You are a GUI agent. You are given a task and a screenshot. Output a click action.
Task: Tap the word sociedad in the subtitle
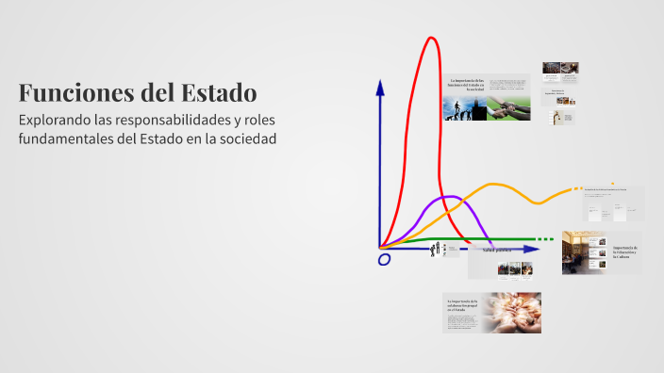(243, 139)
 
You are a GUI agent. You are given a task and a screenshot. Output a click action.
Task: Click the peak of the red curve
(432, 38)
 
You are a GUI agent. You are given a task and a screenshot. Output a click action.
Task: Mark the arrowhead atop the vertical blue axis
(380, 86)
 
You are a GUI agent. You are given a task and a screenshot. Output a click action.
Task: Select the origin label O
(384, 260)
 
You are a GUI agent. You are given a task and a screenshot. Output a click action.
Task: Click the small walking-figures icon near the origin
(436, 251)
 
